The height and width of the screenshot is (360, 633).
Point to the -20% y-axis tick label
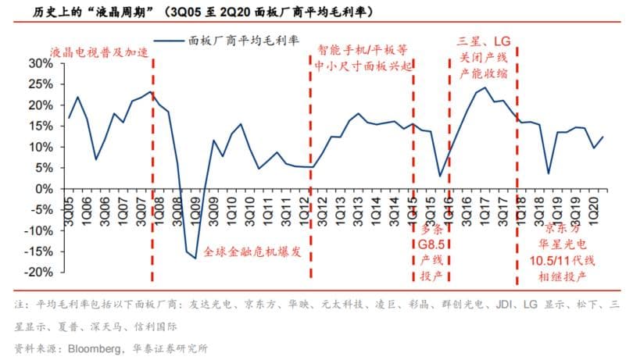45,273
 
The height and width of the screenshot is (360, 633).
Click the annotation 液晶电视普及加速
98,52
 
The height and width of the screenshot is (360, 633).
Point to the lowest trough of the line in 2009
195,258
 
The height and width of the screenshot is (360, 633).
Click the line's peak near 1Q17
486,87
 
